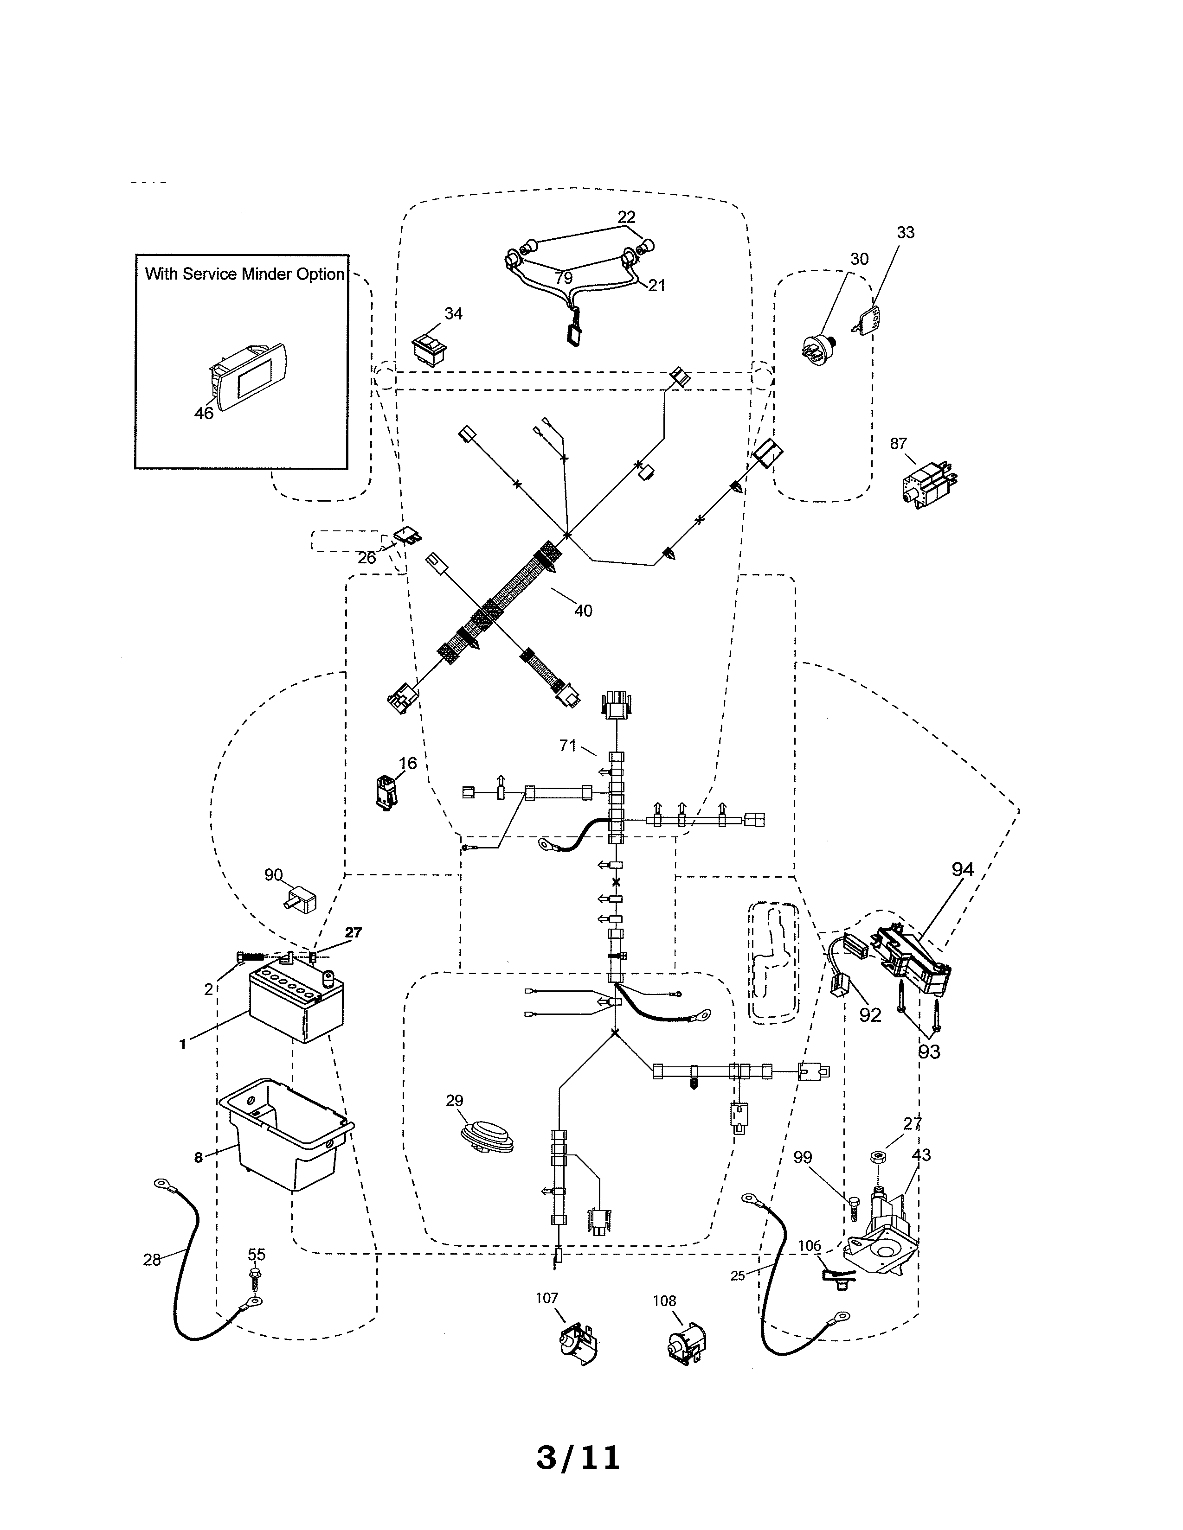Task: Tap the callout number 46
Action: click(203, 413)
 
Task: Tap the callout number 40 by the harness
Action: click(583, 611)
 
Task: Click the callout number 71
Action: click(568, 746)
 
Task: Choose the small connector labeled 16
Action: click(386, 791)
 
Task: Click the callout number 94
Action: click(962, 869)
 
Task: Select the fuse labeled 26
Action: click(409, 536)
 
